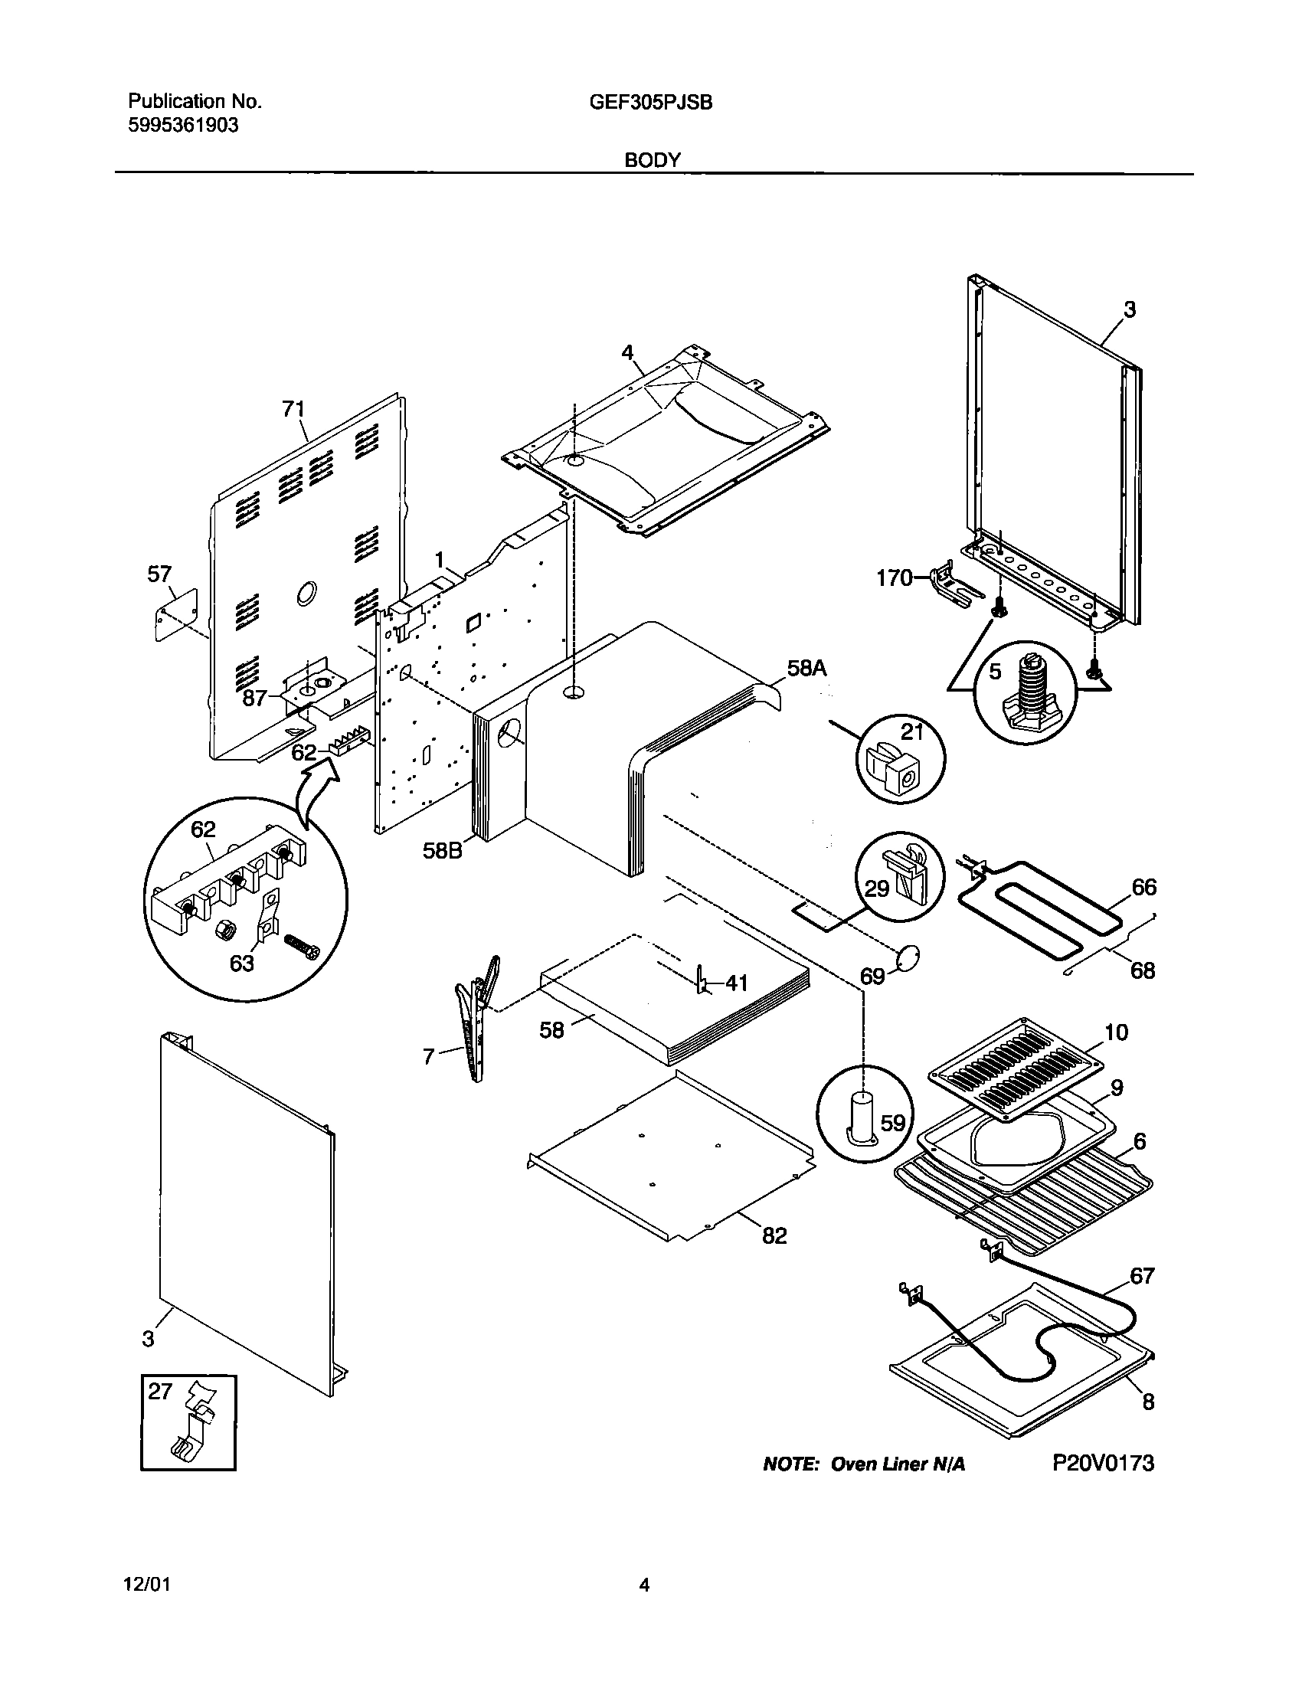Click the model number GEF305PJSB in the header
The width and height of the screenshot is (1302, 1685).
(x=650, y=102)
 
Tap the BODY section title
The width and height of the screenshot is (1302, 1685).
(x=653, y=160)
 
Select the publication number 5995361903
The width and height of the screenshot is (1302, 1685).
(x=183, y=125)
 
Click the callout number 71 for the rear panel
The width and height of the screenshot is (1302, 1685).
(x=294, y=409)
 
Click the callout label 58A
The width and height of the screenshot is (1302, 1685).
(x=806, y=668)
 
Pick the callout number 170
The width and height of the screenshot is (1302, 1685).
(x=895, y=577)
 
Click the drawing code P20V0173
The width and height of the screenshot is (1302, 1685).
(x=1103, y=1464)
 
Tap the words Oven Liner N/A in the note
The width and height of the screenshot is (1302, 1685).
(x=898, y=1464)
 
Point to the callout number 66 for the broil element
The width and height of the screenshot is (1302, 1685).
(x=1144, y=887)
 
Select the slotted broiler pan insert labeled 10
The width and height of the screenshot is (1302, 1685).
(x=1015, y=1068)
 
